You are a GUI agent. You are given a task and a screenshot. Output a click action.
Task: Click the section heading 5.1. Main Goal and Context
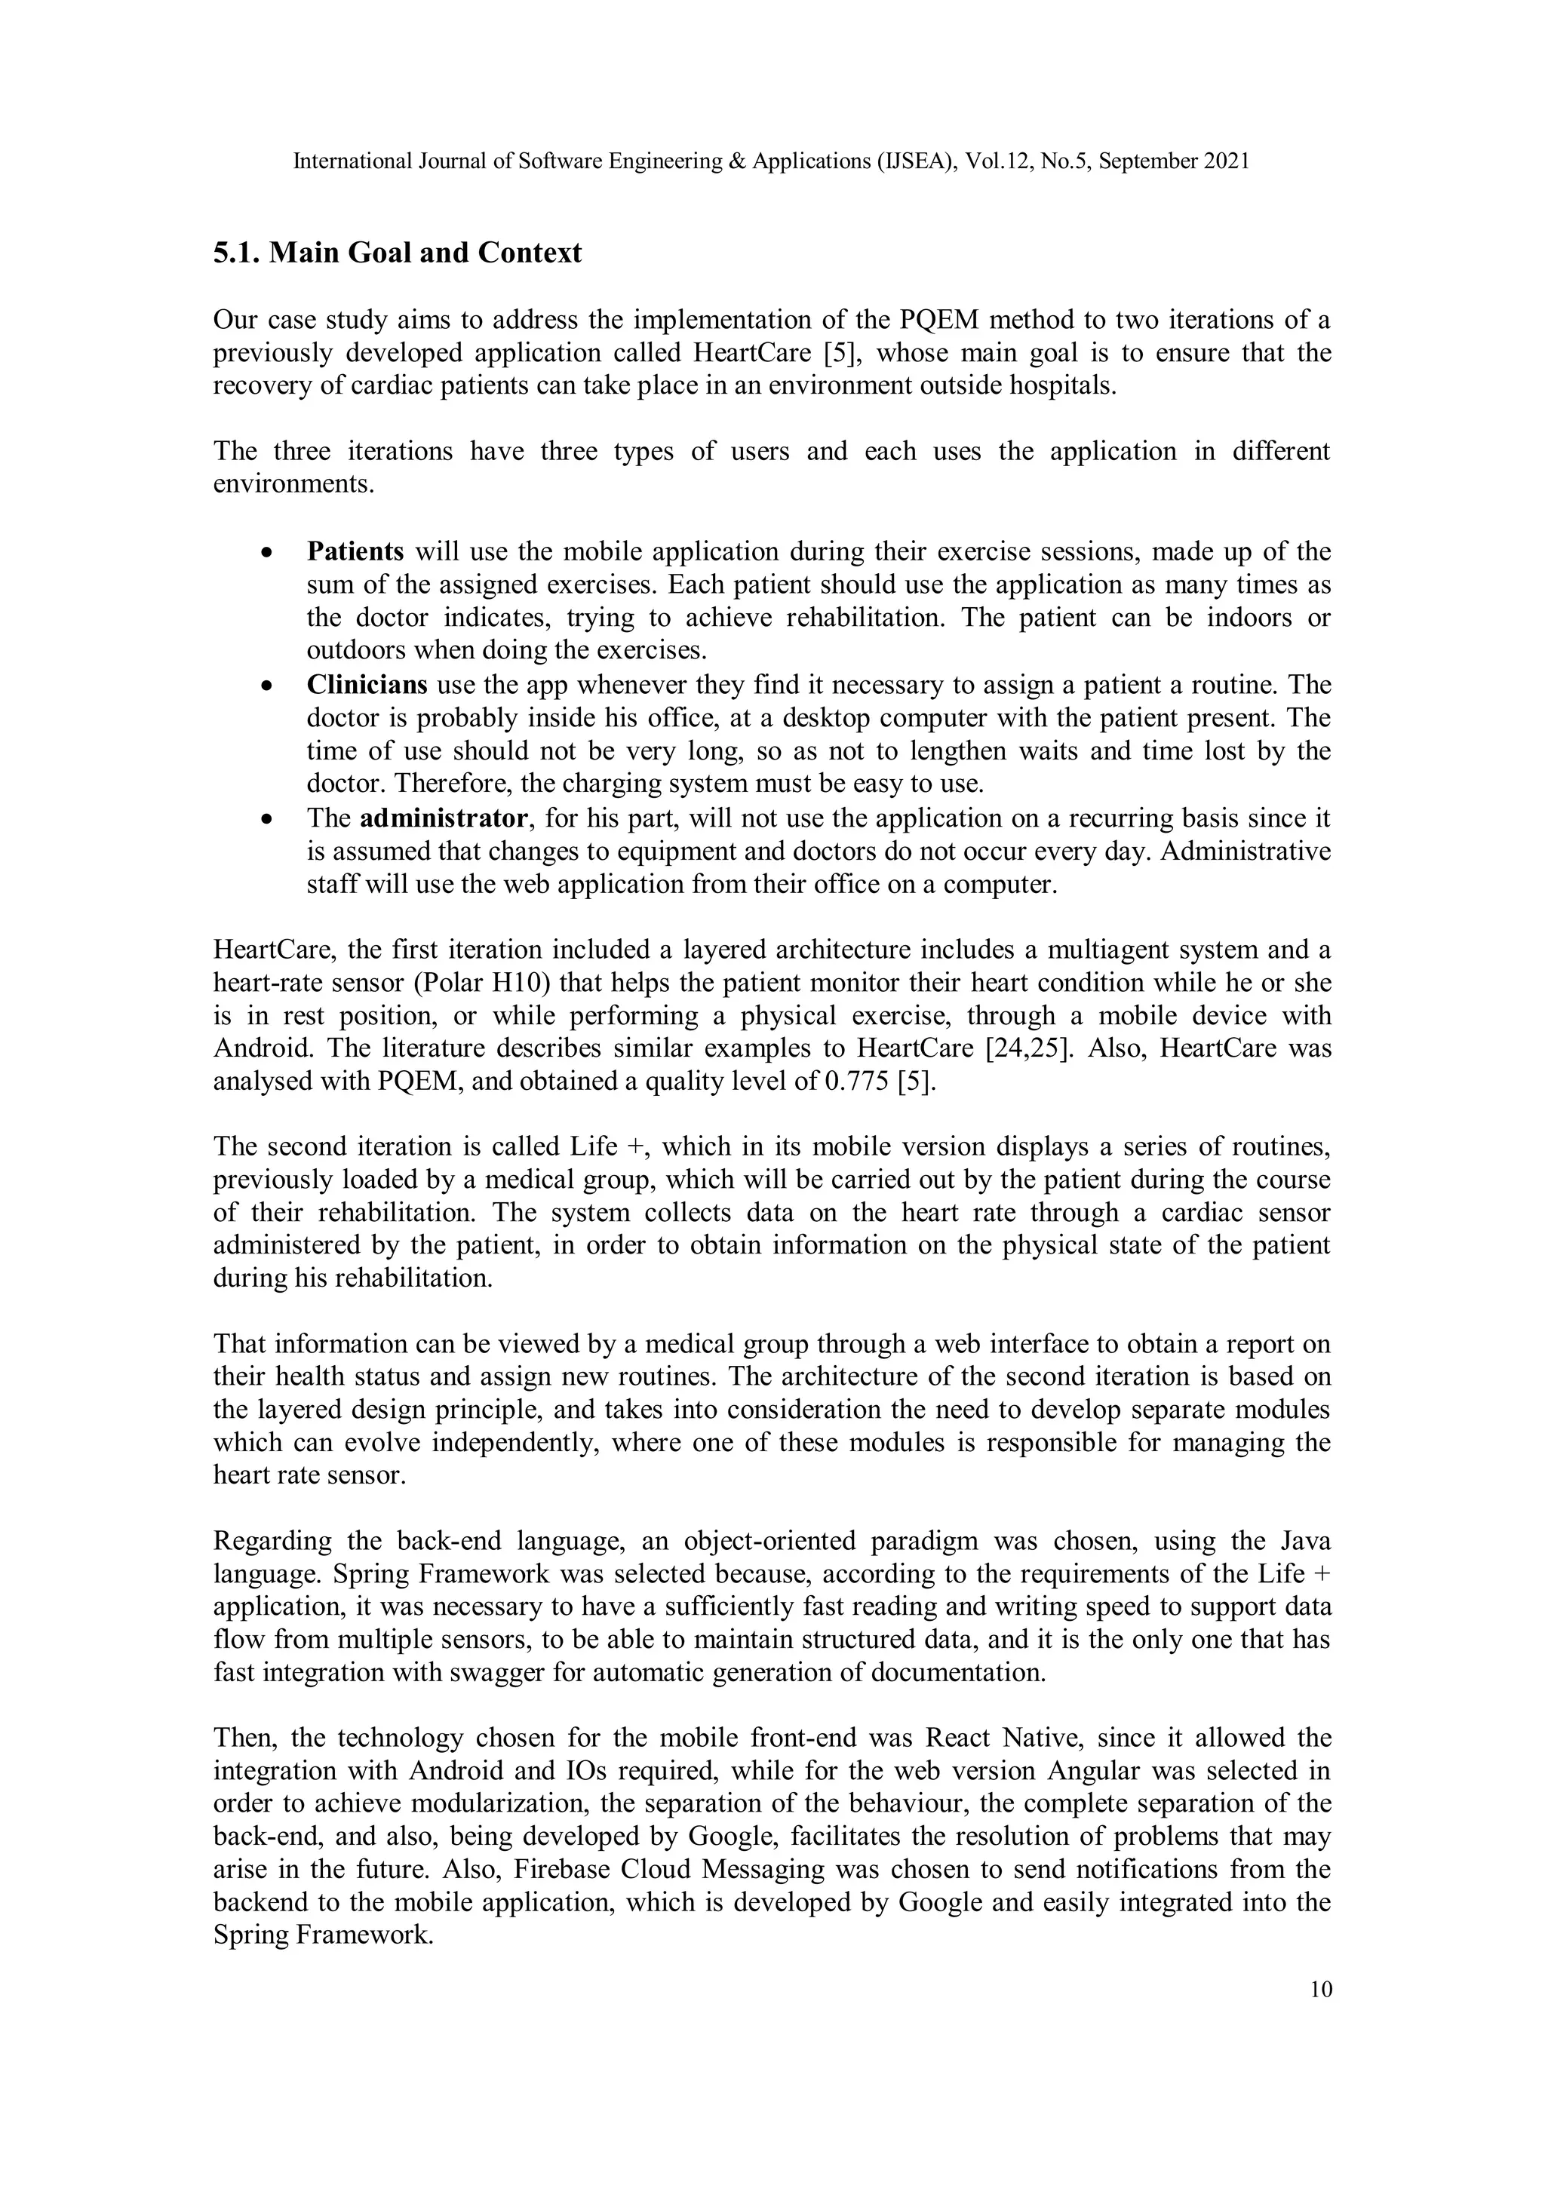pyautogui.click(x=397, y=253)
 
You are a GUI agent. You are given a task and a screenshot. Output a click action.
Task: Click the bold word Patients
pyautogui.click(x=355, y=552)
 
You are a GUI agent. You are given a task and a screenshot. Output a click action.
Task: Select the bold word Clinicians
pyautogui.click(x=367, y=685)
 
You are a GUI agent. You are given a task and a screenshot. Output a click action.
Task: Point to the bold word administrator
pyautogui.click(x=444, y=818)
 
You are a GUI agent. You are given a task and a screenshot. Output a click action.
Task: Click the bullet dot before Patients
pyautogui.click(x=269, y=553)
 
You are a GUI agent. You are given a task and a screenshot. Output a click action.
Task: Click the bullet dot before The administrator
pyautogui.click(x=269, y=819)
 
